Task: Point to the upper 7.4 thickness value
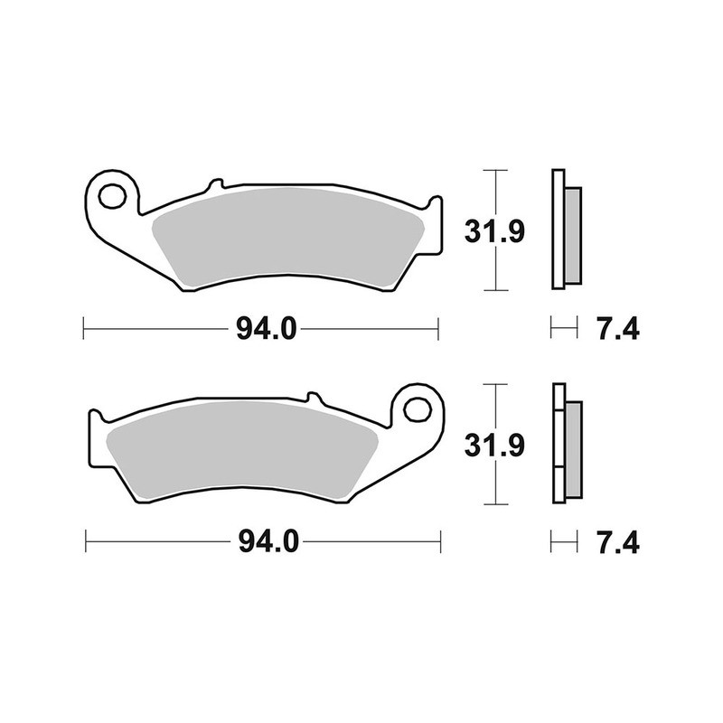tap(618, 330)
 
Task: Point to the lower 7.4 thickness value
tap(618, 543)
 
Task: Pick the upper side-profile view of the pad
tap(565, 230)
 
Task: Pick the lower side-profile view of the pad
tap(565, 444)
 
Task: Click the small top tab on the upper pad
tap(213, 186)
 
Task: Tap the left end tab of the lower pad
tap(95, 437)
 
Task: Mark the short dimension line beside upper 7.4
tap(564, 330)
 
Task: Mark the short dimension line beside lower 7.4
tap(564, 542)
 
